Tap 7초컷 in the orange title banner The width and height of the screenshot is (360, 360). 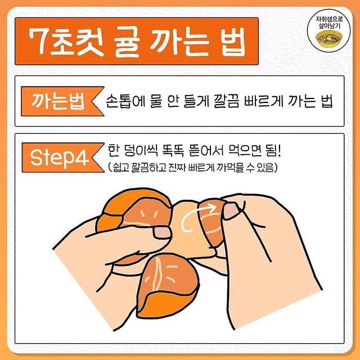point(66,42)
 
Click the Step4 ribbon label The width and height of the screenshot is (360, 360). point(63,157)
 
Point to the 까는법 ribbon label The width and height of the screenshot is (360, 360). point(62,101)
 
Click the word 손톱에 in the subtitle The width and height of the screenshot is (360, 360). point(124,101)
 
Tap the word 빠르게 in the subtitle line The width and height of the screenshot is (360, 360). point(263,101)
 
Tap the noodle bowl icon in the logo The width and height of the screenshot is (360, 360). point(328,38)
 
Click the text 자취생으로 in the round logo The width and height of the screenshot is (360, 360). point(329,19)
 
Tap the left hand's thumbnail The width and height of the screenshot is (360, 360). point(162,232)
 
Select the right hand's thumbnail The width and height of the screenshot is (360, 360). point(231,210)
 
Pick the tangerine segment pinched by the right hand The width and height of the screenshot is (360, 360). point(211,223)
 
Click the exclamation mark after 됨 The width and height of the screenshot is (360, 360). point(279,150)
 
